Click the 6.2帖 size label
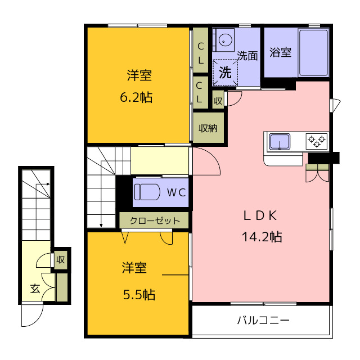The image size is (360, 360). pos(136,97)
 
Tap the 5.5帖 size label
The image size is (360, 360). pos(139,295)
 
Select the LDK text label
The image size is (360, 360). pos(260,215)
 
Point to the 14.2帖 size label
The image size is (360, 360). pos(262,236)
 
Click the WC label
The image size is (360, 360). pos(176,192)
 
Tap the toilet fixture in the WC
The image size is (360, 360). pos(147,192)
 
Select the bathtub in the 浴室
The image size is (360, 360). pos(313,53)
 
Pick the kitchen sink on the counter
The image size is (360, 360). pos(280,142)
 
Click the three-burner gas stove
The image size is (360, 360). pos(317,141)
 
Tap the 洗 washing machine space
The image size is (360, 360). pos(225,73)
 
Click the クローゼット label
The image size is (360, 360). pos(155,220)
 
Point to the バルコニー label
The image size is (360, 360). pos(263,320)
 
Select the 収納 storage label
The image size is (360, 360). pos(208,128)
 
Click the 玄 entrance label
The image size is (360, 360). pos(35,289)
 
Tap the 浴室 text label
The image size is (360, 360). pos(280,52)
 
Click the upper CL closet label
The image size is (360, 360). pos(200,53)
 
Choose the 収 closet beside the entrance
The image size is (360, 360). pos(61,260)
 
